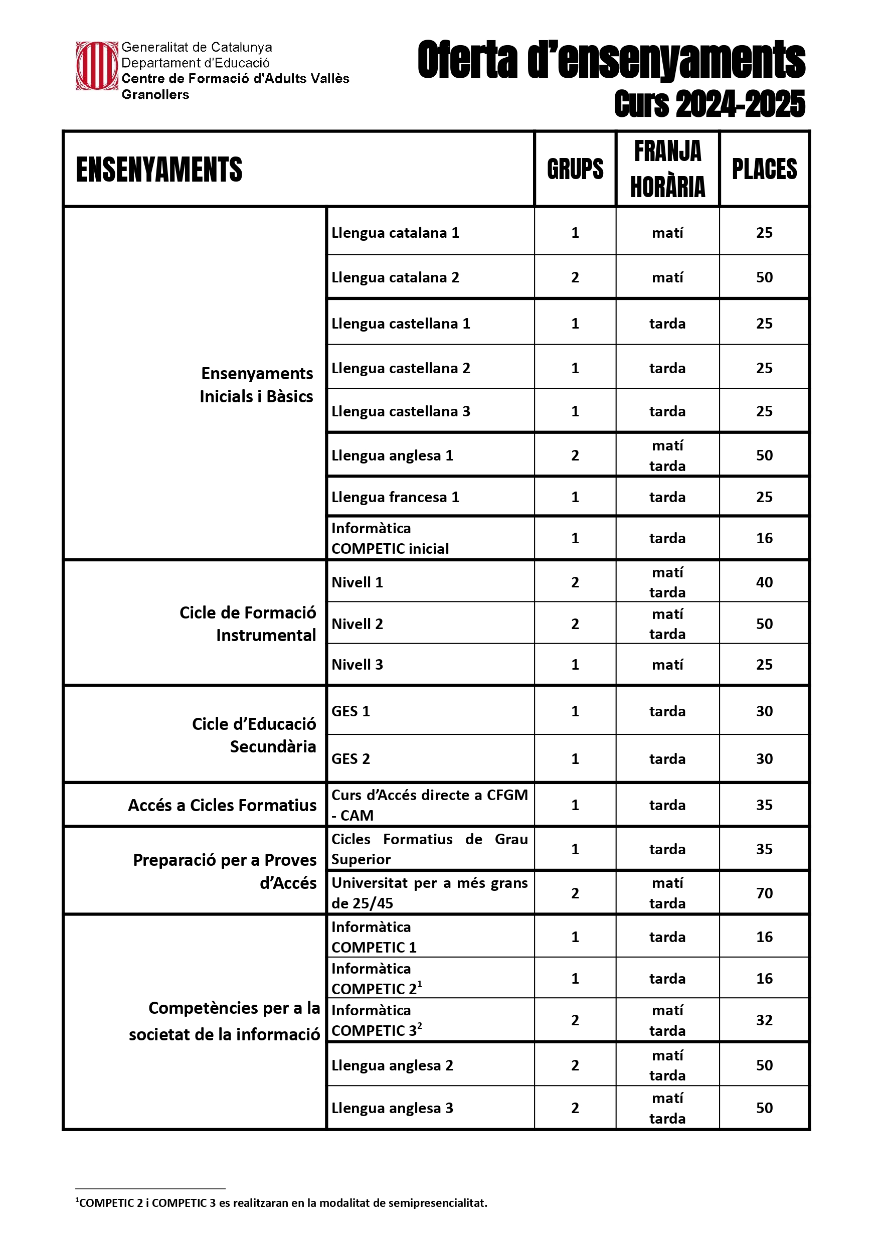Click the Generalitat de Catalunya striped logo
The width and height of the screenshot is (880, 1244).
(96, 66)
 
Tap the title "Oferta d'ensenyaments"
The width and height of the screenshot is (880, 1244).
(611, 60)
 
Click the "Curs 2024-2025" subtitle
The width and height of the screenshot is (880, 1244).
(710, 103)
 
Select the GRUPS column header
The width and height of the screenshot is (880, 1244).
(575, 169)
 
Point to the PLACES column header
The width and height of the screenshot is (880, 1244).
(764, 169)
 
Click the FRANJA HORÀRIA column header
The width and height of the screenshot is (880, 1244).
(667, 169)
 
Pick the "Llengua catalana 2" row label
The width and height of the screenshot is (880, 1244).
(395, 277)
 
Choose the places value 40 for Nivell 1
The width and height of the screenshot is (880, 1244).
(764, 582)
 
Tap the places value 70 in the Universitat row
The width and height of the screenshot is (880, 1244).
(764, 893)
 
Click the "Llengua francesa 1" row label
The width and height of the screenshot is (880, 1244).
(395, 497)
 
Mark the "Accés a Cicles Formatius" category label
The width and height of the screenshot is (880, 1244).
(222, 806)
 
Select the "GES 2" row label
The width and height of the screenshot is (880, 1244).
(350, 759)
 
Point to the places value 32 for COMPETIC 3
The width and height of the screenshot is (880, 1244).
(764, 1020)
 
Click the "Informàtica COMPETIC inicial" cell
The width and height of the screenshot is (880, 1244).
(390, 538)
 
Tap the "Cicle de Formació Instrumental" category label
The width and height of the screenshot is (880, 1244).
(248, 624)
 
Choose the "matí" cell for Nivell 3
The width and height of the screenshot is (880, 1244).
(667, 665)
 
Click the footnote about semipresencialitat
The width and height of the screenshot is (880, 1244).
(282, 1203)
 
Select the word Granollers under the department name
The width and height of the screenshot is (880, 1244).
(155, 95)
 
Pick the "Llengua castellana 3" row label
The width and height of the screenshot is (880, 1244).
(401, 411)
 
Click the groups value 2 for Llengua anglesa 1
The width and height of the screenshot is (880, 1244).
(575, 455)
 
